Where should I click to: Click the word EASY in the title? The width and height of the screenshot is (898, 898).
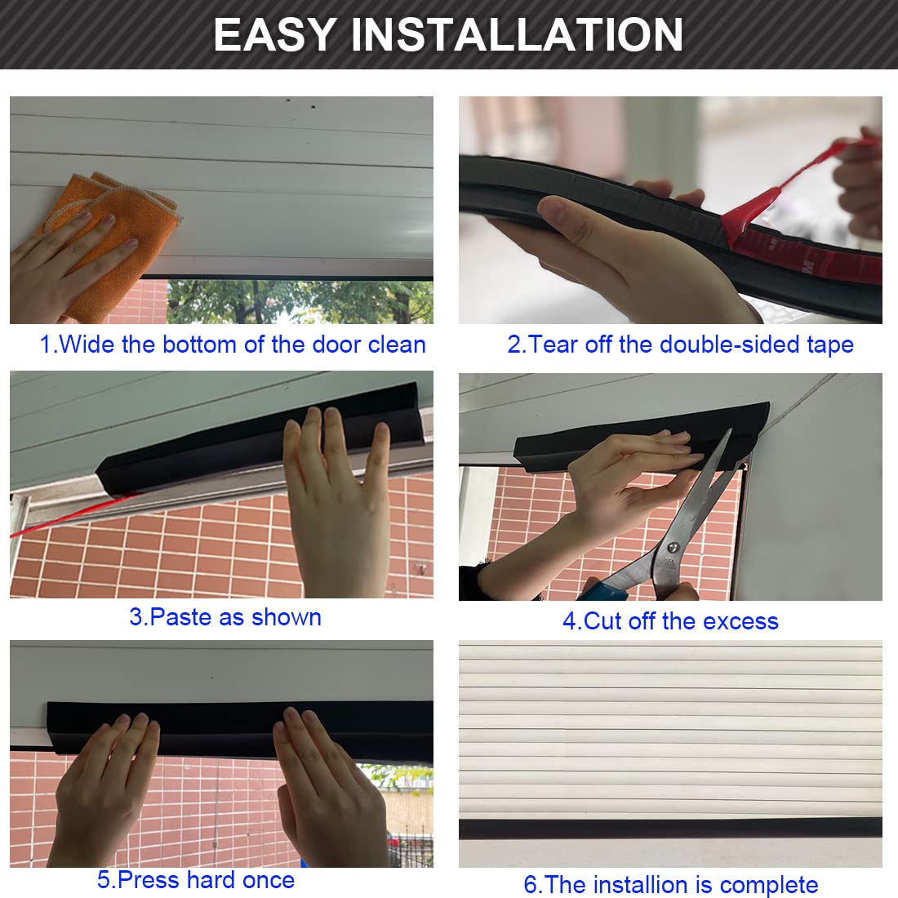[274, 34]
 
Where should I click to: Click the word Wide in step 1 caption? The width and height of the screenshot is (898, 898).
[87, 345]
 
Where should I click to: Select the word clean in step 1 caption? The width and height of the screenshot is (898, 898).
[397, 345]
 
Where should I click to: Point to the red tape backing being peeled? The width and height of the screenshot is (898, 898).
[767, 204]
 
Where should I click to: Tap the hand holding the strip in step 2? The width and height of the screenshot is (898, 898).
[620, 245]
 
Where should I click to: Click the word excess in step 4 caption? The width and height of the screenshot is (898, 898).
[740, 621]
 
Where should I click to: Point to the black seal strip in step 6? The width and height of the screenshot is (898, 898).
[669, 828]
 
